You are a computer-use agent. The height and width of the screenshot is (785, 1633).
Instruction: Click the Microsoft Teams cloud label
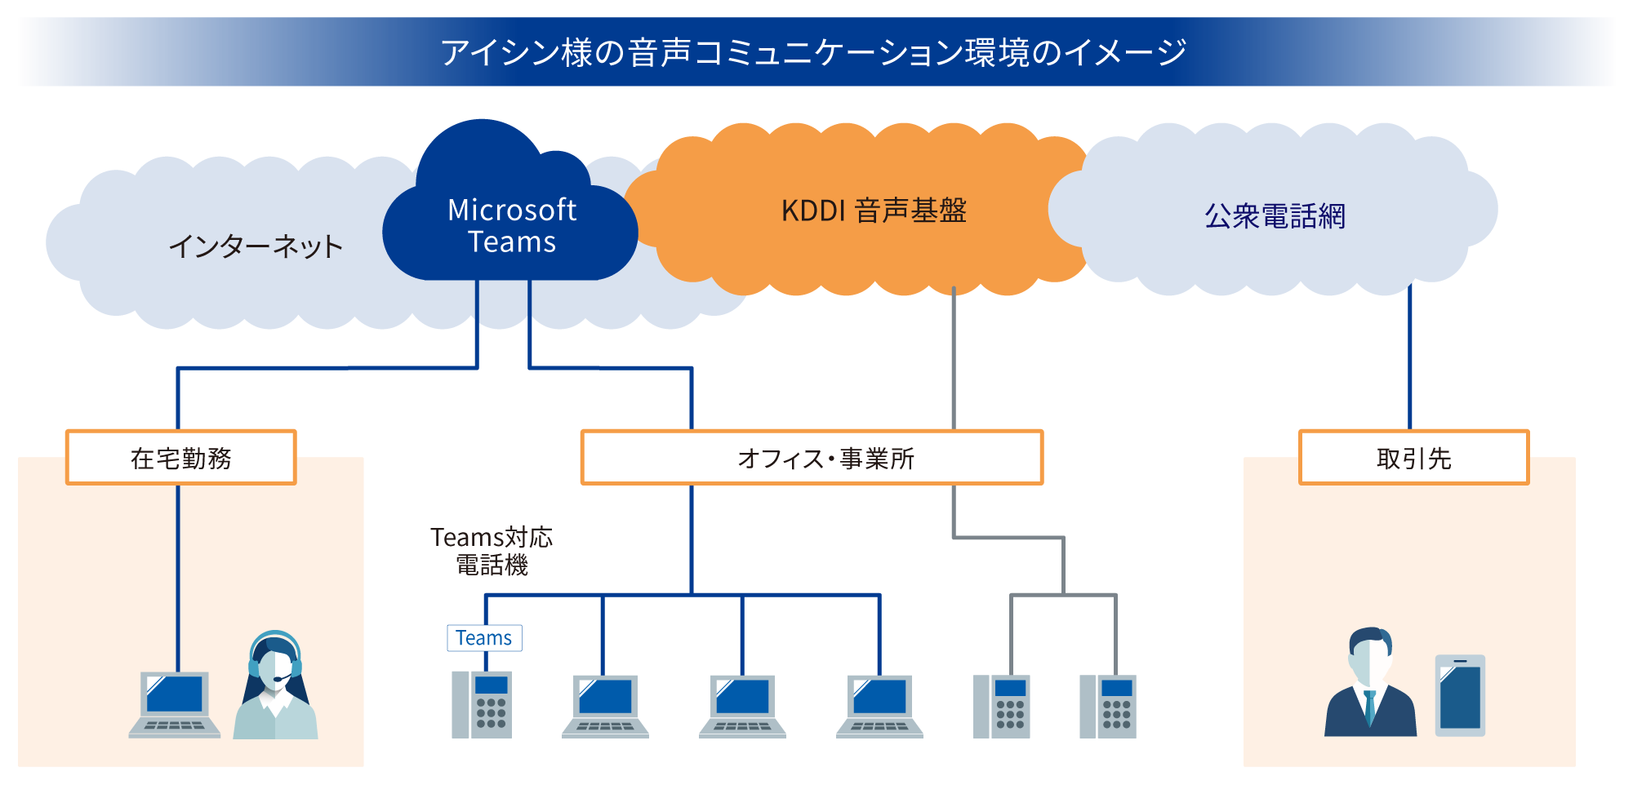512,226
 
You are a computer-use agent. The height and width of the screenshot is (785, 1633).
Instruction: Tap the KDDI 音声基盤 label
874,211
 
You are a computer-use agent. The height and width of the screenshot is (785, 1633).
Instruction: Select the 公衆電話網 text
1275,216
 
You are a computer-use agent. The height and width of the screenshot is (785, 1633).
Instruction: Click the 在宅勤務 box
180,458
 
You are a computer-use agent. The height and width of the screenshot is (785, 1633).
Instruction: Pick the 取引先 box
1413,458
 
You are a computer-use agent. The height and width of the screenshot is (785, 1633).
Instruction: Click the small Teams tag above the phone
484,638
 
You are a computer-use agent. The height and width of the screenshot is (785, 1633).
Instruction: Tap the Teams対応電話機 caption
492,551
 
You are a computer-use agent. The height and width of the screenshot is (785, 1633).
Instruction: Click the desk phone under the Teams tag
482,704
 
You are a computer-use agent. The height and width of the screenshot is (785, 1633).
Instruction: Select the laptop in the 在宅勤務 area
175,704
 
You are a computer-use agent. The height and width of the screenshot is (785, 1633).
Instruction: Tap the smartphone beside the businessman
1460,695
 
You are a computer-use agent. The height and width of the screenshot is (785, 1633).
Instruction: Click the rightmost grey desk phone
1108,706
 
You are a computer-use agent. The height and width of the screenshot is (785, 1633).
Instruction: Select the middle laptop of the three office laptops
742,706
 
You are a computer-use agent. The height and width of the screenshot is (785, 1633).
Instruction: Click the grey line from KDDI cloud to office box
954,359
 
